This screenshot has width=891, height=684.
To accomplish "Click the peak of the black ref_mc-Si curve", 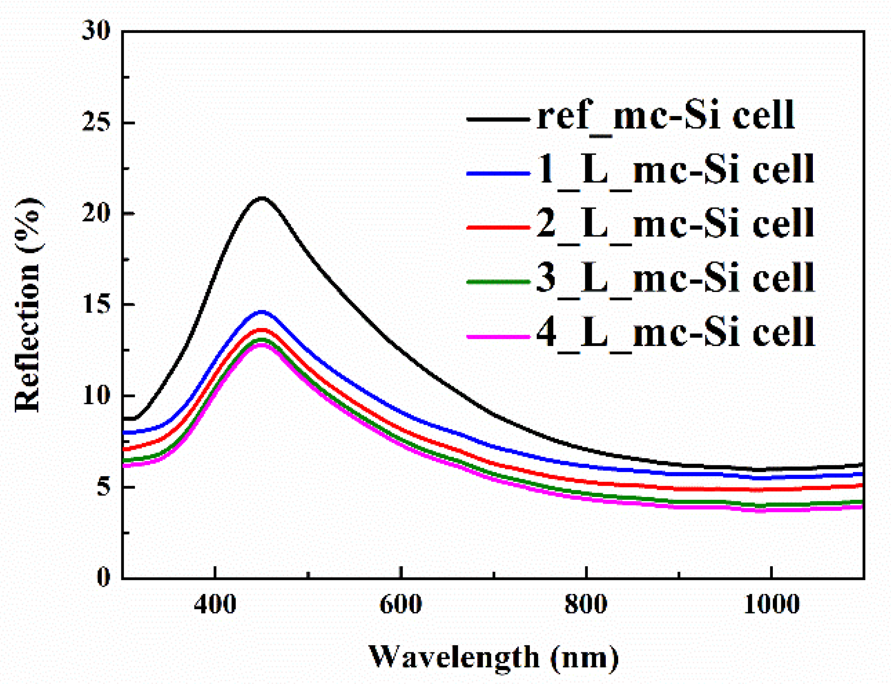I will [x=262, y=198].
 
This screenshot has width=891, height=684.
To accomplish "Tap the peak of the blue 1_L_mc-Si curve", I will [x=262, y=312].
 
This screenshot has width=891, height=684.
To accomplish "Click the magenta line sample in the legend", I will [x=498, y=337].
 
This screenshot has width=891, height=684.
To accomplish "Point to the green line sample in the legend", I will [x=498, y=282].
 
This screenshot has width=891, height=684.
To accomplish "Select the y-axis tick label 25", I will [x=97, y=122].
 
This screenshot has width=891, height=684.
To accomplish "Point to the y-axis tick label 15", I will [x=97, y=304].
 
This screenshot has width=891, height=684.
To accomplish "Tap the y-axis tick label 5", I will [x=104, y=487].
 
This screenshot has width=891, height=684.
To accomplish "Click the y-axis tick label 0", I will [x=104, y=577].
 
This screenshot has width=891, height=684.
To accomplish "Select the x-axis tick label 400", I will [x=215, y=605].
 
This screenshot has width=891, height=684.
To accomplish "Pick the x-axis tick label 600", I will [x=400, y=605].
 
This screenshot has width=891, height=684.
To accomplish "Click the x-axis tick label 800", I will [x=586, y=605].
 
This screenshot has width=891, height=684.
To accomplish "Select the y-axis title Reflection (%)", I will [x=28, y=305].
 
